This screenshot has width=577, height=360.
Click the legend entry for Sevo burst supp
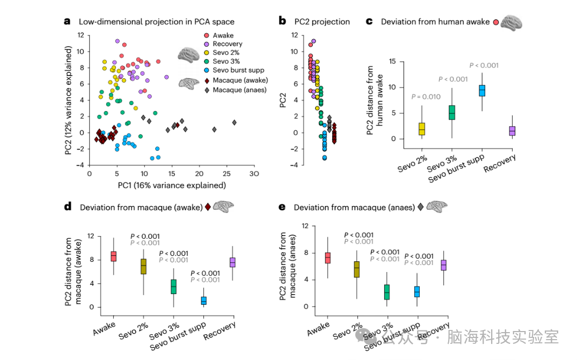(235, 70)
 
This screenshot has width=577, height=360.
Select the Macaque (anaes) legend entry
(239, 90)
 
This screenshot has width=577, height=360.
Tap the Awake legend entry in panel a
(223, 35)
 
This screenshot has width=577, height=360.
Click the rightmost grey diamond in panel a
(235, 122)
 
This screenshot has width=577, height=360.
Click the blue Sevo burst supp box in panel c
(482, 91)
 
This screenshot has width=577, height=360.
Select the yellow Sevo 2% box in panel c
(422, 129)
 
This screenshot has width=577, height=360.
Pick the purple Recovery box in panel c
(512, 131)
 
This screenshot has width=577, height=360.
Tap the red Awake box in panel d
(114, 256)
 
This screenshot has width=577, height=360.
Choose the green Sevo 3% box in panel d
(173, 286)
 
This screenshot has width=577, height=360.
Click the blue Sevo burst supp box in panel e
(417, 291)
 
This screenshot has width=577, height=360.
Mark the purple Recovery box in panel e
(443, 265)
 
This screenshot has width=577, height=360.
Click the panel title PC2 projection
(322, 22)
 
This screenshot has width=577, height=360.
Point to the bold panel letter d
(67, 207)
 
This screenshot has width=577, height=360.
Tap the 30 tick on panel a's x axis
(255, 174)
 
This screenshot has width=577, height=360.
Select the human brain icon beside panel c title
(512, 21)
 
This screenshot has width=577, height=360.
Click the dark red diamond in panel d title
(208, 207)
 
